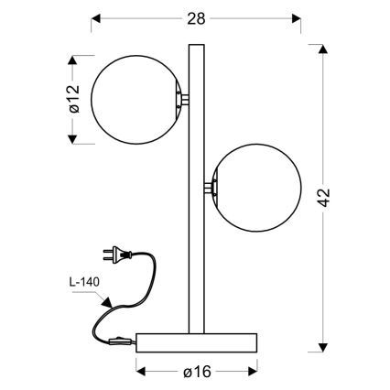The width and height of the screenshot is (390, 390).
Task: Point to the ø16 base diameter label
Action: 196,373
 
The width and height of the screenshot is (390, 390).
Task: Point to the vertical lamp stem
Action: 196,183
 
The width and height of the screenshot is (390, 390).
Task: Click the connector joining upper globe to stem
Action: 184,97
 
